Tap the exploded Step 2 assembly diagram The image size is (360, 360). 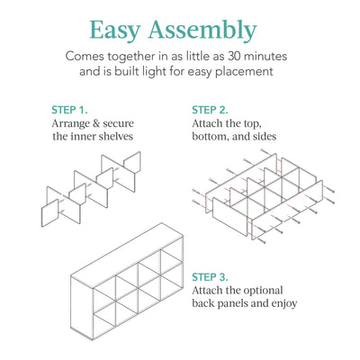point(261,198)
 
